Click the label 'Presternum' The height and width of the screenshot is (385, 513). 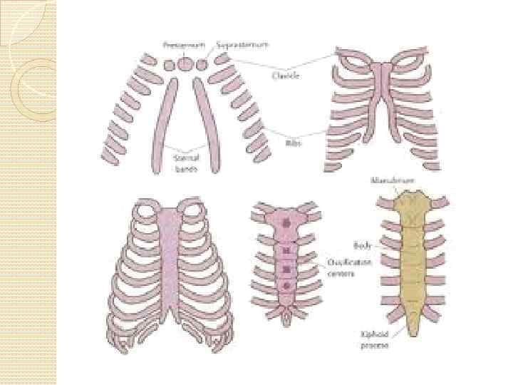click(x=184, y=45)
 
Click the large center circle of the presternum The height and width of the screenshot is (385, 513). click(x=185, y=63)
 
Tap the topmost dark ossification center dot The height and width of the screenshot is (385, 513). click(x=287, y=222)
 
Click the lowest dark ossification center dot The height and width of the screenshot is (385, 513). click(x=287, y=287)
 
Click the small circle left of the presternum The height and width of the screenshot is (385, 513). click(x=169, y=65)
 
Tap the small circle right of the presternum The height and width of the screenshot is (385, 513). click(x=202, y=65)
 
